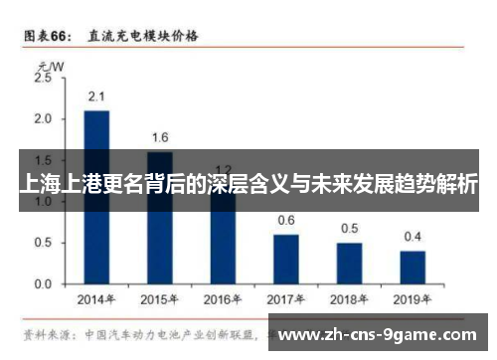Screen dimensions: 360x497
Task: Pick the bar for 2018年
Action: point(349,263)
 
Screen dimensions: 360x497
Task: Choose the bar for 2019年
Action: point(413,267)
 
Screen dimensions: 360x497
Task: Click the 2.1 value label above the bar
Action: point(96,97)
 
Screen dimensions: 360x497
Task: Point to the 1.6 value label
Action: point(159,138)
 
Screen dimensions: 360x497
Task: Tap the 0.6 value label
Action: point(286,221)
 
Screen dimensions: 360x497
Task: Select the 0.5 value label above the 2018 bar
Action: point(349,229)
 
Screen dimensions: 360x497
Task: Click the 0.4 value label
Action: point(413,237)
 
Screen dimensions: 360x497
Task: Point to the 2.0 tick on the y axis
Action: point(43,118)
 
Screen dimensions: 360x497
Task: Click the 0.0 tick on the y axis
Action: point(43,283)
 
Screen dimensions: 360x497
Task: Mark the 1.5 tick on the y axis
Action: point(43,160)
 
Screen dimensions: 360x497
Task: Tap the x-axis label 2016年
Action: point(223,298)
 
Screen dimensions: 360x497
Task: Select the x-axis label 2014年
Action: point(96,298)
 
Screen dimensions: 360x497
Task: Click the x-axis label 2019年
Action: point(413,298)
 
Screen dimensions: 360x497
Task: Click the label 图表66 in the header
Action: point(47,37)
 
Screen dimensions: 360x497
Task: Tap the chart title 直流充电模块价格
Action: point(142,37)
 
